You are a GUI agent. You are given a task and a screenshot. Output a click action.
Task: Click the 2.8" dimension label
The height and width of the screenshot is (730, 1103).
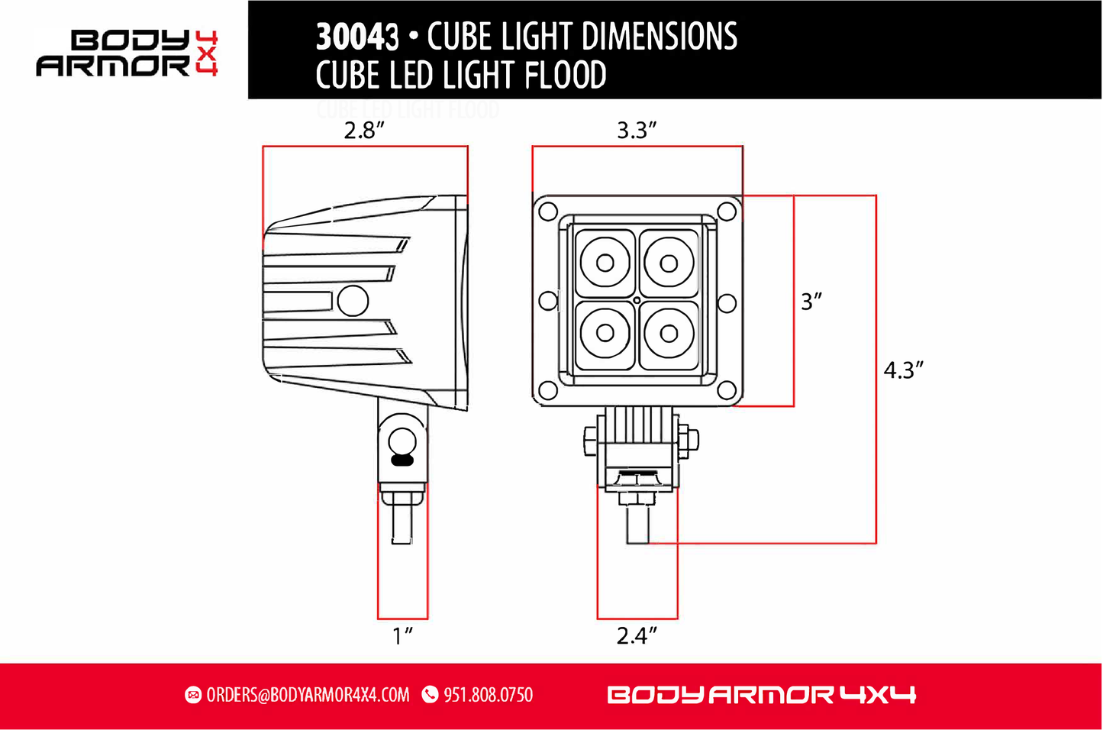click(x=363, y=131)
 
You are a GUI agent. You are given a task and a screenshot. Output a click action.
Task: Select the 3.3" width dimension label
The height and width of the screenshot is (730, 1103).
click(x=636, y=131)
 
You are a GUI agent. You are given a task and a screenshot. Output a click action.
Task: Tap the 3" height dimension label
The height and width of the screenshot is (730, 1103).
click(x=811, y=302)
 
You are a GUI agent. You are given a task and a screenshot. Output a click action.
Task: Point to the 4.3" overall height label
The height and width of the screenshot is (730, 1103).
click(x=903, y=370)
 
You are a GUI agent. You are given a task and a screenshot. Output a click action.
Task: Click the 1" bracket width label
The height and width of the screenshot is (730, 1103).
click(x=402, y=635)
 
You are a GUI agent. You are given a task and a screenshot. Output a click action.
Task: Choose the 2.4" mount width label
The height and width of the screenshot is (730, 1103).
click(x=636, y=635)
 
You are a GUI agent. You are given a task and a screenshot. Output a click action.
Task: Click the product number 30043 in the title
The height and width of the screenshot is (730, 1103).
click(x=357, y=37)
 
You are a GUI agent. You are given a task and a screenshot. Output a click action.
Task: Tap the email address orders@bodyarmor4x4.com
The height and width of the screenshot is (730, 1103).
click(x=308, y=695)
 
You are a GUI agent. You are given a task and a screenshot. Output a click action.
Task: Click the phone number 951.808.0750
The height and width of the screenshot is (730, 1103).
click(x=488, y=695)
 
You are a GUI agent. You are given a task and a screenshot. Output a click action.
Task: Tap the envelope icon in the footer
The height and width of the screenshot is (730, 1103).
click(x=193, y=695)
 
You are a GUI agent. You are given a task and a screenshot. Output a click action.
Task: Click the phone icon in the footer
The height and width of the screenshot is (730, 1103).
click(x=431, y=695)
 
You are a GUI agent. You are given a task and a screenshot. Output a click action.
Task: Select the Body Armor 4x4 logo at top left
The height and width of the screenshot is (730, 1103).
click(x=127, y=53)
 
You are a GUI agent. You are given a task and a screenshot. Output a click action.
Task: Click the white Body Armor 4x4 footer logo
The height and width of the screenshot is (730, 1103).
click(x=761, y=695)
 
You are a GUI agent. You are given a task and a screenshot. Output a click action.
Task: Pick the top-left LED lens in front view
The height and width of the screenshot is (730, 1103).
click(x=605, y=263)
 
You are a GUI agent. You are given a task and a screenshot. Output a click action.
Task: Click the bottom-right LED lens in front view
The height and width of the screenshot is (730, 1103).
click(x=669, y=334)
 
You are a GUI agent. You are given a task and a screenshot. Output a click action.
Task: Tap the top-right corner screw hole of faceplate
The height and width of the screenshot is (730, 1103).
click(x=727, y=212)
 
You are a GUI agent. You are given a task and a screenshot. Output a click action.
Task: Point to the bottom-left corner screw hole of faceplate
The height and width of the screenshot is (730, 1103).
click(x=547, y=391)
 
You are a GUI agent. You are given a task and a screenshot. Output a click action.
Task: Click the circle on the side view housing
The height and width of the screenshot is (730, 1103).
click(x=353, y=301)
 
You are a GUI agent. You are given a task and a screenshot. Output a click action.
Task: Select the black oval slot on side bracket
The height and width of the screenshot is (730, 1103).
click(x=402, y=460)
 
